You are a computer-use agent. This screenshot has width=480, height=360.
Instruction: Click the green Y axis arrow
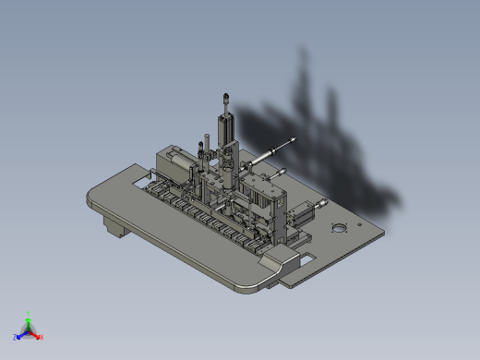pyautogui.click(x=29, y=319)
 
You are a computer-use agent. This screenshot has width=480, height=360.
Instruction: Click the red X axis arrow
pyautogui.click(x=36, y=334)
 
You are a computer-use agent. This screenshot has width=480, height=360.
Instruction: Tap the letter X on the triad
pyautogui.click(x=42, y=337)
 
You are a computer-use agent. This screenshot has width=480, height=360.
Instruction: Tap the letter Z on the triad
pyautogui.click(x=16, y=337)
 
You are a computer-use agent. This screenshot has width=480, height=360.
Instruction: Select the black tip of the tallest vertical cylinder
pyautogui.click(x=225, y=96)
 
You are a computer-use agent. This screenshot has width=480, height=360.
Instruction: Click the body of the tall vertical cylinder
pyautogui.click(x=225, y=126)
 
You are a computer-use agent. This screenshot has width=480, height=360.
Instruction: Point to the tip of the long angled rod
pyautogui.click(x=294, y=139)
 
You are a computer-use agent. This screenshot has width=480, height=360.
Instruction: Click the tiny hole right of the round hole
pyautogui.click(x=355, y=227)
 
